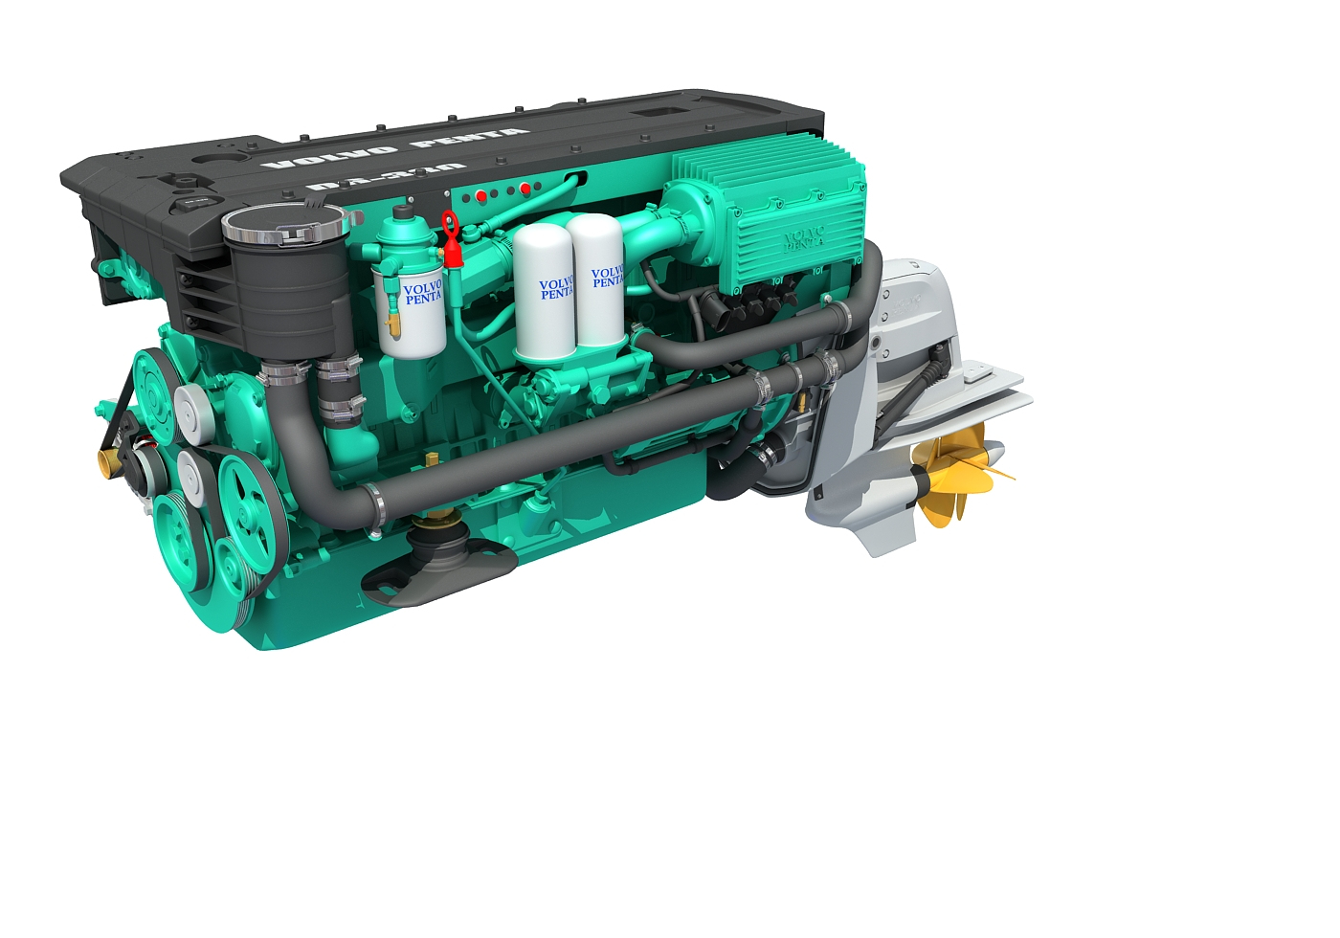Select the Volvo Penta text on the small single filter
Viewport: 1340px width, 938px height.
pos(422,293)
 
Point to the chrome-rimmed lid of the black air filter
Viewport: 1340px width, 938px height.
pos(283,227)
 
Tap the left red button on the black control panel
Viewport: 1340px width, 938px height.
pos(480,196)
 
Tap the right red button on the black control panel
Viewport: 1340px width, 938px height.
pos(525,190)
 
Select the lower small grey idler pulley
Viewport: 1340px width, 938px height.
pos(190,471)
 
